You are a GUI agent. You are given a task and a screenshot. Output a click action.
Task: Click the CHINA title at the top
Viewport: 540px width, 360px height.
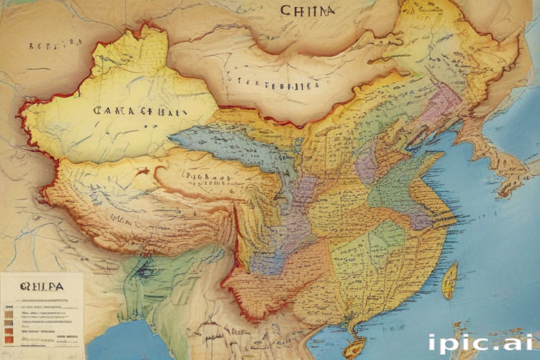click(307, 11)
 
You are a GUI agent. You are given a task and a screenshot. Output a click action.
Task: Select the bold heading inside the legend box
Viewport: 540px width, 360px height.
click(41, 286)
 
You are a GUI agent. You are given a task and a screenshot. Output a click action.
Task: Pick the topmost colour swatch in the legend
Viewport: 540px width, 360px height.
click(8, 307)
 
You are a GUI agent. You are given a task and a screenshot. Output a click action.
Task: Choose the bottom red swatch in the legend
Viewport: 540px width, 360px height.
click(8, 340)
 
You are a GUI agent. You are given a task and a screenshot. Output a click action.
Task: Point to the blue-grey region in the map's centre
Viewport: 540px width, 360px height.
click(232, 144)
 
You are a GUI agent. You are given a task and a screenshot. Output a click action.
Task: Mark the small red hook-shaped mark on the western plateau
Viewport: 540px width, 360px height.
click(143, 171)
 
